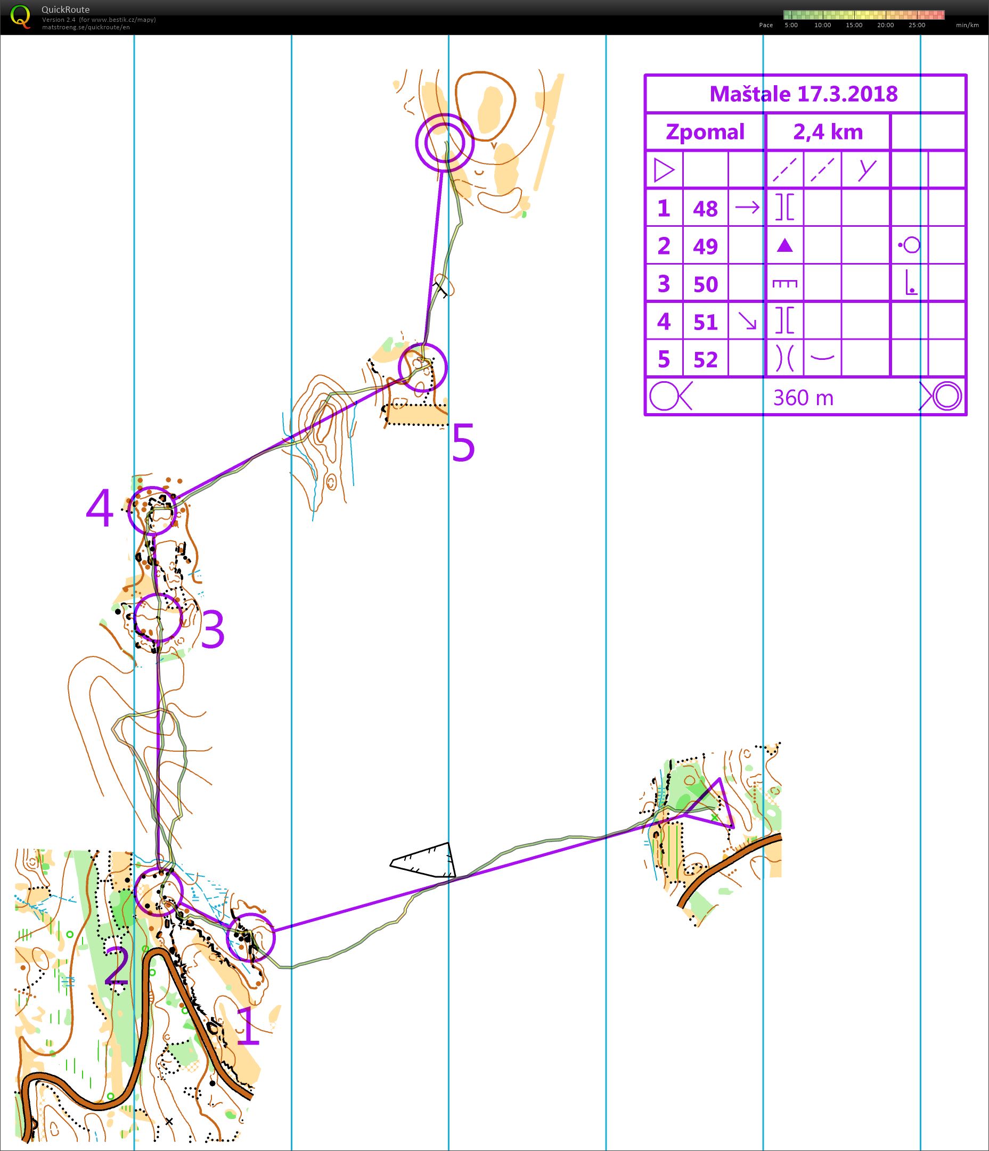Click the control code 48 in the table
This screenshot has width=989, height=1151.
pyautogui.click(x=705, y=209)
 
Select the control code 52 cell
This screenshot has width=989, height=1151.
pyautogui.click(x=705, y=360)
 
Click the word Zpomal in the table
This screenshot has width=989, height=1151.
pyautogui.click(x=705, y=132)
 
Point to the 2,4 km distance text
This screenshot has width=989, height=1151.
pyautogui.click(x=828, y=132)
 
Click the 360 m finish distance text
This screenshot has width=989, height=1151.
pyautogui.click(x=804, y=398)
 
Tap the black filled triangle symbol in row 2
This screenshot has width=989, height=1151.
pyautogui.click(x=784, y=245)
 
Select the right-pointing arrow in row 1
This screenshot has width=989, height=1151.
pyautogui.click(x=747, y=208)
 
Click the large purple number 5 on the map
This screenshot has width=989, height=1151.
pyautogui.click(x=463, y=442)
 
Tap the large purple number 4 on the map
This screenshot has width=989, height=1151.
pyautogui.click(x=100, y=511)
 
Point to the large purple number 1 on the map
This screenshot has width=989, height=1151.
pyautogui.click(x=248, y=1026)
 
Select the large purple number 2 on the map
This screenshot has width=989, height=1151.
pyautogui.click(x=117, y=967)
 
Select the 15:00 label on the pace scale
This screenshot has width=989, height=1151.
pyautogui.click(x=854, y=25)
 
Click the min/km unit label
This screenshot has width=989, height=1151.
pyautogui.click(x=967, y=25)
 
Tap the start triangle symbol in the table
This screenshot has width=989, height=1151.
pyautogui.click(x=664, y=170)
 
